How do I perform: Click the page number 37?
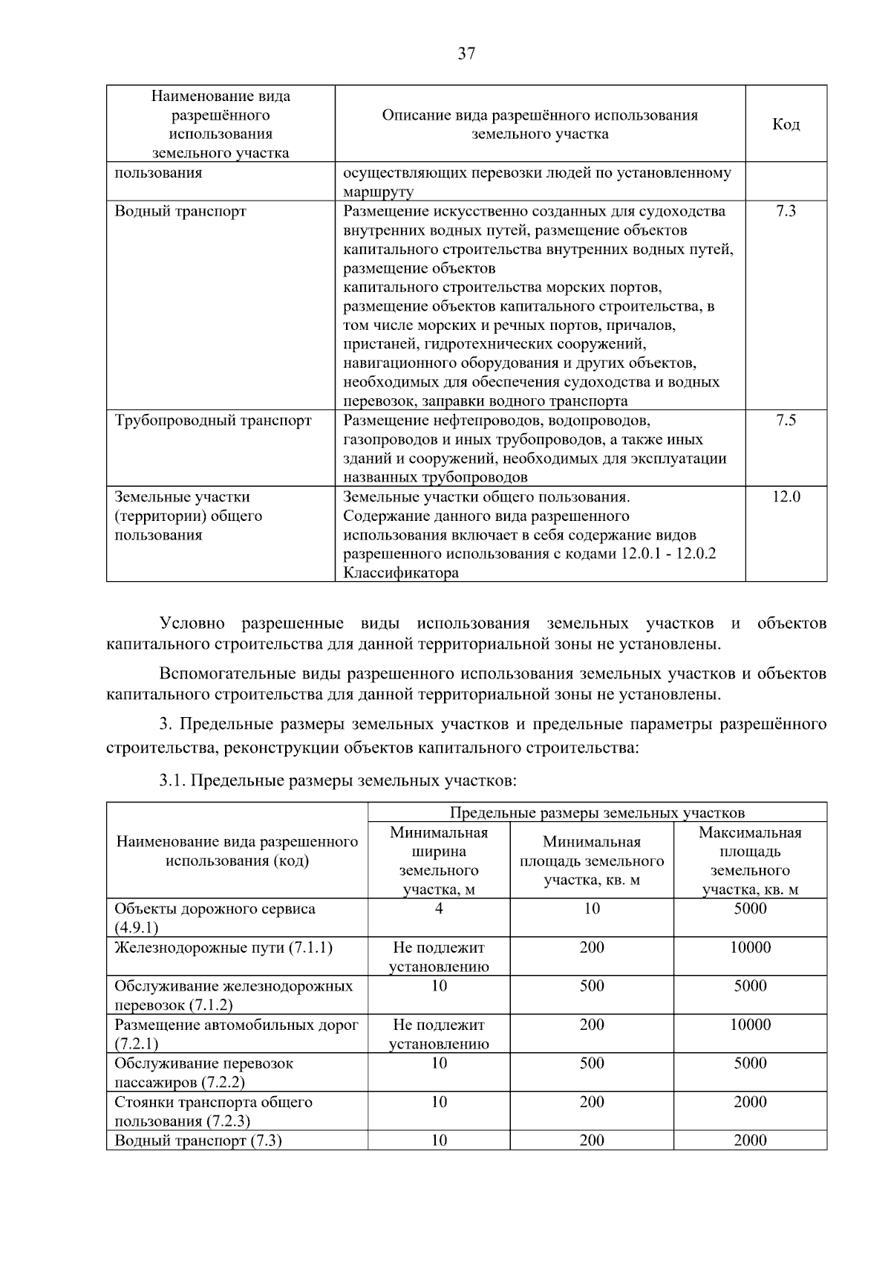click(466, 54)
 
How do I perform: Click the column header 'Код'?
click(786, 124)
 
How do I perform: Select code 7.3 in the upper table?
click(786, 211)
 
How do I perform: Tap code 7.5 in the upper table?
click(786, 421)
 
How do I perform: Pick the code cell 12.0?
click(786, 497)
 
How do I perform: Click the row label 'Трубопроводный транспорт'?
click(213, 421)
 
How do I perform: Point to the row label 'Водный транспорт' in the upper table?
click(180, 211)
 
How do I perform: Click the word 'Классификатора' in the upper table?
click(401, 573)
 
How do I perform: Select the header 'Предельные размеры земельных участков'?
click(597, 812)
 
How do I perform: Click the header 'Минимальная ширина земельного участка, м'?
click(439, 860)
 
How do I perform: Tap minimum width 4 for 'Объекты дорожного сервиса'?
click(439, 909)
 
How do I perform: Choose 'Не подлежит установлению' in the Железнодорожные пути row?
click(439, 957)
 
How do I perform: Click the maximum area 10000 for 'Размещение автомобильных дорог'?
click(750, 1025)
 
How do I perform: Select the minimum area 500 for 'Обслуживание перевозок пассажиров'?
click(592, 1063)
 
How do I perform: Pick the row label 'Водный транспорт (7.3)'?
click(198, 1141)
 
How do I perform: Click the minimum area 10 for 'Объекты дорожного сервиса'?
click(592, 909)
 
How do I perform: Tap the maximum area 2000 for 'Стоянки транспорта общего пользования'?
click(750, 1102)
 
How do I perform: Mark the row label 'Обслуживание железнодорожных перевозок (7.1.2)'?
click(233, 995)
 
